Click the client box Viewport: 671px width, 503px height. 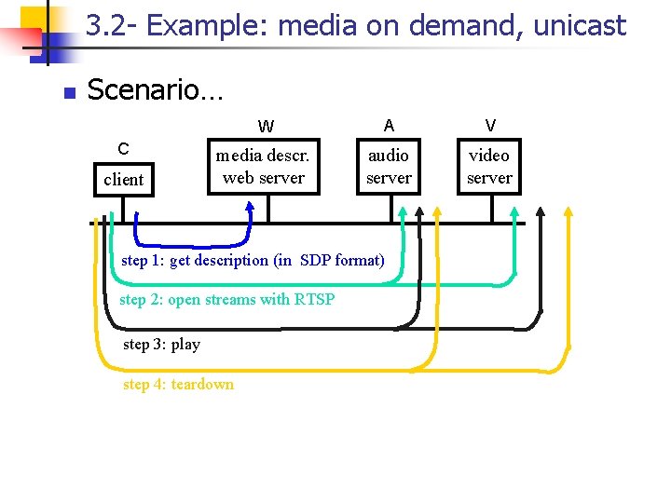124,179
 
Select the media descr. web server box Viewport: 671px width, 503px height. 264,166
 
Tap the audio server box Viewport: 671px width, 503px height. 389,166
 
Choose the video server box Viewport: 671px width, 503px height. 489,166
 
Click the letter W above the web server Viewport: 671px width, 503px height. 267,127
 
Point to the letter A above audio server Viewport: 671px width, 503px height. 389,125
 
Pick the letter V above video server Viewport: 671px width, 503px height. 490,125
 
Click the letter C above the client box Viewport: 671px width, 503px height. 123,148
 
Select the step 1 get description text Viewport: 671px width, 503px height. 253,260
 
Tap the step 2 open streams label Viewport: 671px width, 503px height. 226,299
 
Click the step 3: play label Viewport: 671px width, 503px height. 161,344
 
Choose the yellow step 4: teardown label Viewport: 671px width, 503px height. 178,384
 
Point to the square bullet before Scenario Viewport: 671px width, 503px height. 67,92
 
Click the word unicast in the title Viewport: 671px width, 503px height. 580,26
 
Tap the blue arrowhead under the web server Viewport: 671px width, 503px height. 249,206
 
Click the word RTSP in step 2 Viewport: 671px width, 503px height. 314,299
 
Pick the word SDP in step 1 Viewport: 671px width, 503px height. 316,260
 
